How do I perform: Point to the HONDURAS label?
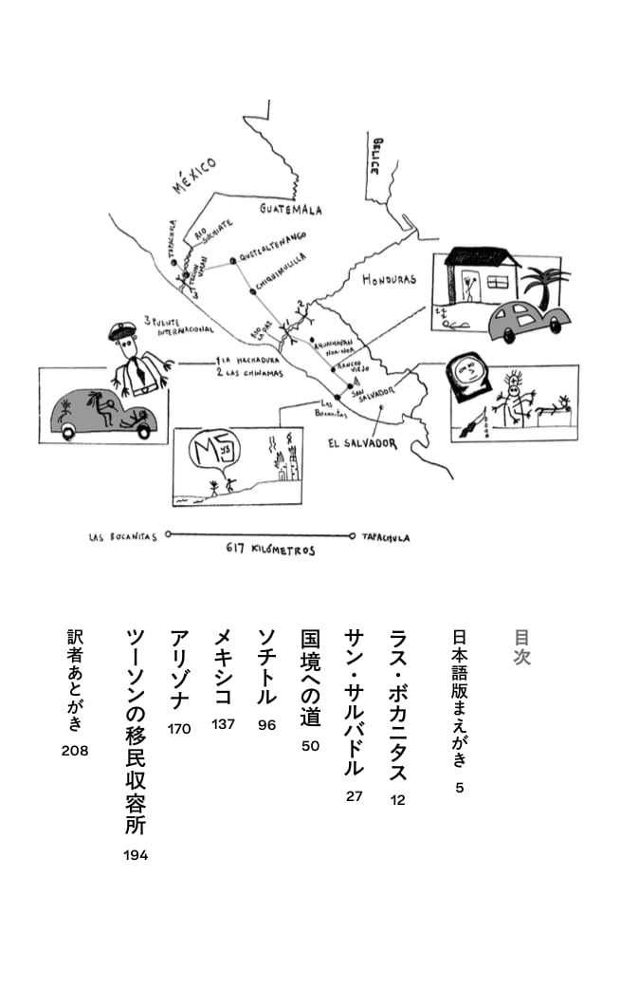coord(389,280)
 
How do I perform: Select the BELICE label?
coord(378,156)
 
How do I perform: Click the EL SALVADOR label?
coord(362,443)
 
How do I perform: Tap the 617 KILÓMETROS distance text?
coord(270,550)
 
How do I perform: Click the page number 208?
coord(73,751)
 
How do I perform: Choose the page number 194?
coord(136,855)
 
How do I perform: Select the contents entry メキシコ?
coord(224,666)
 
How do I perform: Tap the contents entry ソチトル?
coord(267,666)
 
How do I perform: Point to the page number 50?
coord(310,746)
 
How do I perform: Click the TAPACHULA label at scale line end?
coord(385,537)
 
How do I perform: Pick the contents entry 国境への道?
coord(310,676)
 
